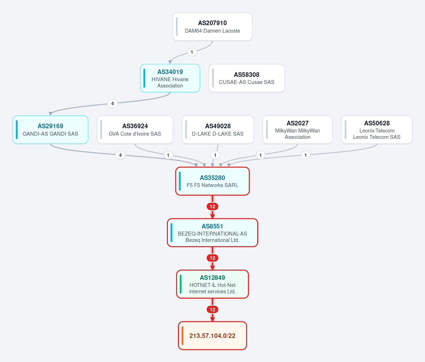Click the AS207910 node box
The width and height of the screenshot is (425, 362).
(212, 27)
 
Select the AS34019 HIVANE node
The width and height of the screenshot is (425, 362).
(170, 78)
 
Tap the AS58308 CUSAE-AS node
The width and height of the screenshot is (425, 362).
(247, 78)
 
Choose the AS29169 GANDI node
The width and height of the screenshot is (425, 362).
(50, 130)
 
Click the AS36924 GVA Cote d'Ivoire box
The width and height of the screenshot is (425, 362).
(135, 130)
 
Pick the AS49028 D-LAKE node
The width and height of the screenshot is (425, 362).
(218, 130)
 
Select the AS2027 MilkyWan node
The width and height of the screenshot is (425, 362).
(297, 130)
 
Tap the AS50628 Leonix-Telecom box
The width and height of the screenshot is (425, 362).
(377, 130)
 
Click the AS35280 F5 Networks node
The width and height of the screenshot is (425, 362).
(212, 181)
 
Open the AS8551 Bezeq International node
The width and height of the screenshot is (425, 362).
(212, 233)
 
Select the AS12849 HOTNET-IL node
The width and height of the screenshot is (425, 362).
(212, 284)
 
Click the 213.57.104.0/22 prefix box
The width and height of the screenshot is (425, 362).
(212, 335)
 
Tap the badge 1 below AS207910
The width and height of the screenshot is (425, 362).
(192, 52)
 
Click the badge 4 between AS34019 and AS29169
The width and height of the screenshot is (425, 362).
(113, 103)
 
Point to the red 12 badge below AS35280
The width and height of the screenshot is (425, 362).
(212, 207)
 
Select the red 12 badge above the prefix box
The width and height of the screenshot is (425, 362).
(212, 310)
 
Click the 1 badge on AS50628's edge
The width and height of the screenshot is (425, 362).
(306, 155)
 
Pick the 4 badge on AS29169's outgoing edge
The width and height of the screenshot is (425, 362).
(120, 155)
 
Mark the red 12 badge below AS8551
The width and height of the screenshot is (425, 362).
(212, 258)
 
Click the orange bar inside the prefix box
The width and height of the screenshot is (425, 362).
(182, 335)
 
